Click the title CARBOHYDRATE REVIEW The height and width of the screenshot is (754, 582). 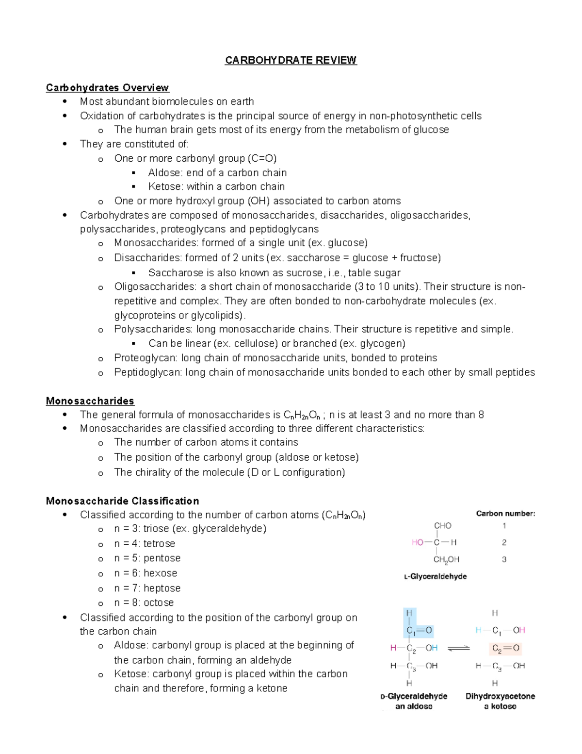tap(291, 60)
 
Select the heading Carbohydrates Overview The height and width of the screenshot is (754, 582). tap(107, 88)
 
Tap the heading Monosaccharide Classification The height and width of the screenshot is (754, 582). tap(122, 501)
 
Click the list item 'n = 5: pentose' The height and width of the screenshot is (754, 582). tap(147, 558)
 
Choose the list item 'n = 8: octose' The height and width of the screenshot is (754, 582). tap(144, 603)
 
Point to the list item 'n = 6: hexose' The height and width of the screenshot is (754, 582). tap(145, 573)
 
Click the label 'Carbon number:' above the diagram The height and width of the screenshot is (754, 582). tap(505, 514)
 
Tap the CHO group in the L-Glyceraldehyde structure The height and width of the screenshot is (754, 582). tap(442, 526)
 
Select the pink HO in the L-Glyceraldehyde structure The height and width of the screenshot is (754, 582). tap(417, 542)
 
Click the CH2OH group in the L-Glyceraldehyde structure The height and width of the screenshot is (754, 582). tap(446, 560)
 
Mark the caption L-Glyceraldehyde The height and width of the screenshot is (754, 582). tap(435, 577)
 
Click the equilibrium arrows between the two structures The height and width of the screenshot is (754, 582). tap(458, 648)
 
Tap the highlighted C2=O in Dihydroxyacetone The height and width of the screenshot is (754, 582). tap(505, 648)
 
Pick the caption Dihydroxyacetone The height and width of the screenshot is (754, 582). tap(500, 696)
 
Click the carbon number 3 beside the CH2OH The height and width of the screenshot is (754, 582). tap(504, 560)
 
